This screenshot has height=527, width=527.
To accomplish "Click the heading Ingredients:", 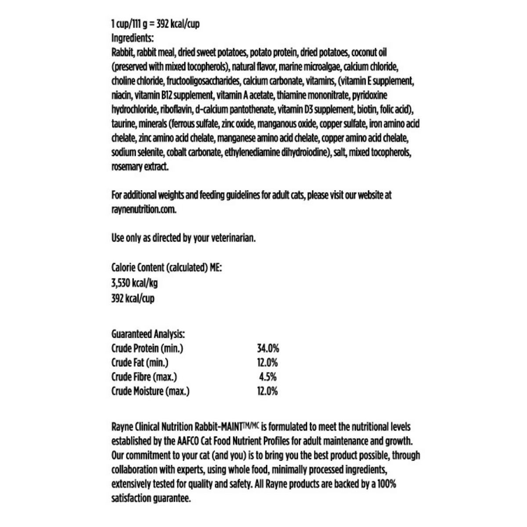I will tap(132, 38).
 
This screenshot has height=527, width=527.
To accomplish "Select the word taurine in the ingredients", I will tap(124, 124).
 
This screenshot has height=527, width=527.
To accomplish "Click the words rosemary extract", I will tap(140, 167).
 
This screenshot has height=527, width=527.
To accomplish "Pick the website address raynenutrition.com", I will tap(144, 209).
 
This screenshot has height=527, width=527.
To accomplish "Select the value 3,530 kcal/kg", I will tap(134, 283).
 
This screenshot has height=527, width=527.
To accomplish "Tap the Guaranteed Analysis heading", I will tap(148, 334).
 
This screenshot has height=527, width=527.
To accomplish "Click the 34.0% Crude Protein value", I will tap(267, 349).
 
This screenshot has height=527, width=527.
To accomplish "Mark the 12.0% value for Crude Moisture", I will tap(267, 391).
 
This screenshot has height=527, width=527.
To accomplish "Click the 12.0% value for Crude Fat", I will tap(267, 363).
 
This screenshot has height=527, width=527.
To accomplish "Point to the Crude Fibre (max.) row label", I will tap(144, 377).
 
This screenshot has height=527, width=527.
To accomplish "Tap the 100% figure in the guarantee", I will tap(386, 484).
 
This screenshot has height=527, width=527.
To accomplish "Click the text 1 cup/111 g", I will tap(128, 24).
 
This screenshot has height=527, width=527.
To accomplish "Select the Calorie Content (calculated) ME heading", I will tap(166, 267).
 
